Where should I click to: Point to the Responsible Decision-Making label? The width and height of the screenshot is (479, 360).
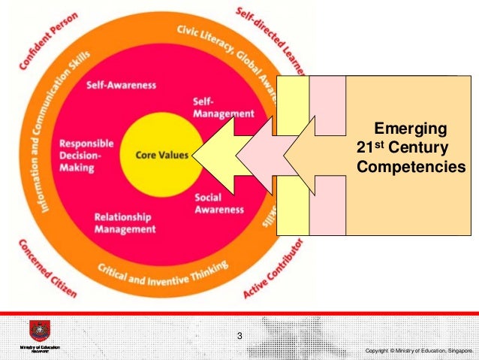click(86, 156)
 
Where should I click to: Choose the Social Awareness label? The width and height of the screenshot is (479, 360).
click(219, 203)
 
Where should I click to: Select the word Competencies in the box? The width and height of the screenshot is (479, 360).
click(411, 165)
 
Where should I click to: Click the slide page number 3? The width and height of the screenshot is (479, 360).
click(239, 335)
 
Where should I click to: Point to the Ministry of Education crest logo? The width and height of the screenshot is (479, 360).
click(38, 331)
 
